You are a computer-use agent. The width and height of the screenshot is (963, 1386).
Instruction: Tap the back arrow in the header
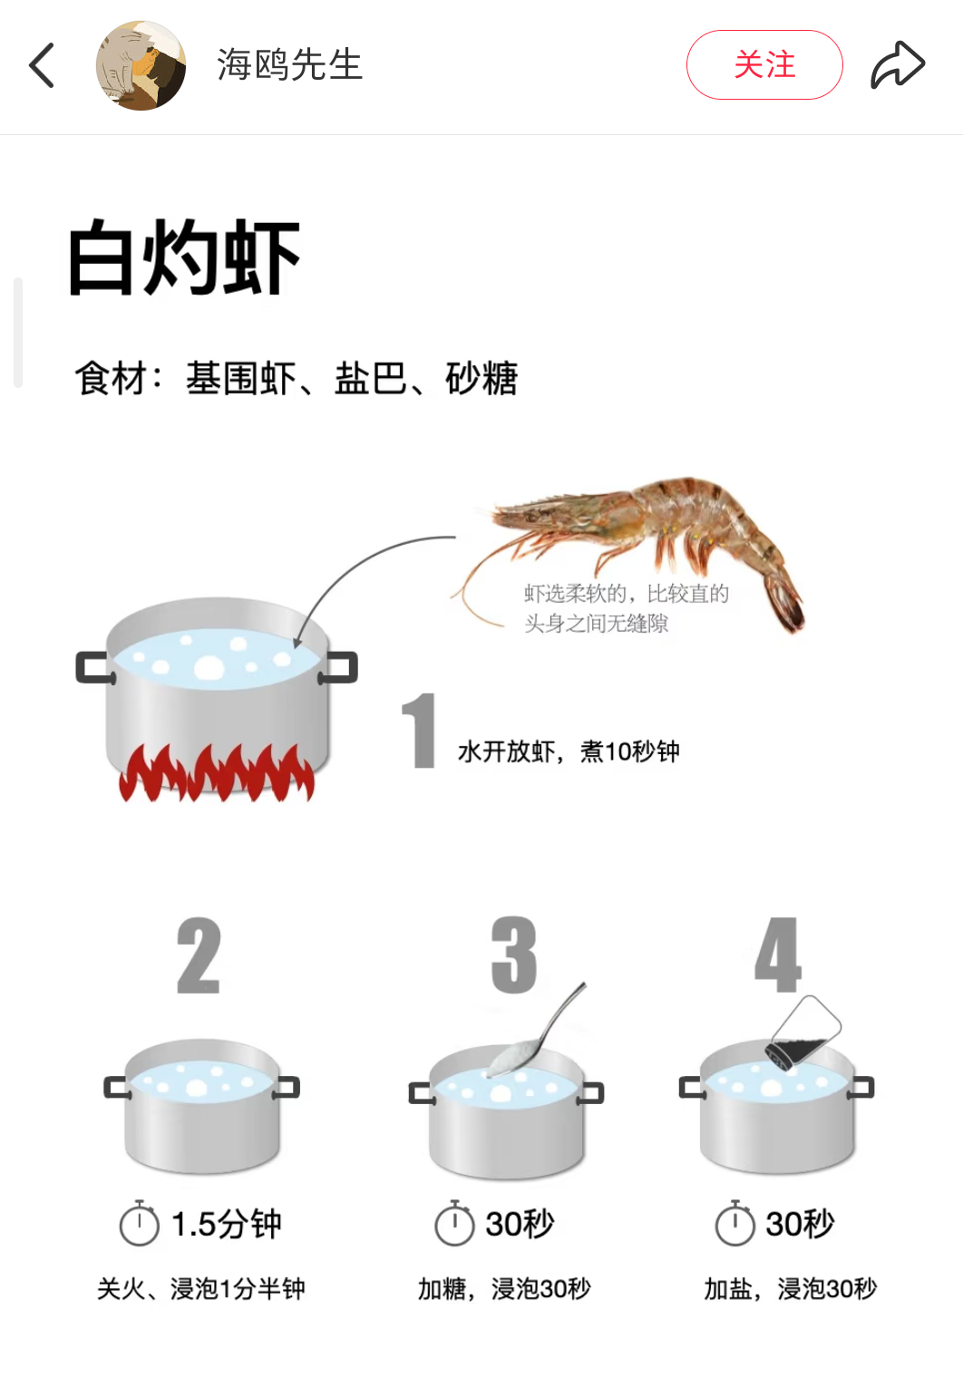click(42, 65)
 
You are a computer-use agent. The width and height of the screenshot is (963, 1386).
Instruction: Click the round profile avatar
click(141, 65)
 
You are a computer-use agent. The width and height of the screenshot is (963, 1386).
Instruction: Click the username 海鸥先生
click(289, 64)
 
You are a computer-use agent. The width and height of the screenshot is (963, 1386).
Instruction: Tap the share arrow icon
click(898, 65)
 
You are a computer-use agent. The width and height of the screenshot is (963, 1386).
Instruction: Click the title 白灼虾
click(184, 257)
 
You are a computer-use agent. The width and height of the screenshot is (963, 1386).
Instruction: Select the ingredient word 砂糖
click(481, 378)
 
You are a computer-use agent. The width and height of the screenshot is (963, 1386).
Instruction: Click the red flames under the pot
click(217, 772)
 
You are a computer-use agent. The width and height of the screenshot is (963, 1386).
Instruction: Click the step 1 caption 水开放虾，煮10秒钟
click(569, 751)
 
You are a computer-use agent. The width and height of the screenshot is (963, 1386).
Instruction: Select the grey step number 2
click(199, 955)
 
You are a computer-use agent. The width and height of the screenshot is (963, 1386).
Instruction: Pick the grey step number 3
click(513, 955)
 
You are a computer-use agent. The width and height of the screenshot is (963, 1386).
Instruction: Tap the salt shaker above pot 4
click(803, 1033)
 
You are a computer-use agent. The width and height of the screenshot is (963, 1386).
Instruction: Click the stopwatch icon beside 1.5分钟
click(140, 1223)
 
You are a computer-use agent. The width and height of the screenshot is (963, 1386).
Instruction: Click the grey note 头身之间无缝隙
click(596, 623)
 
